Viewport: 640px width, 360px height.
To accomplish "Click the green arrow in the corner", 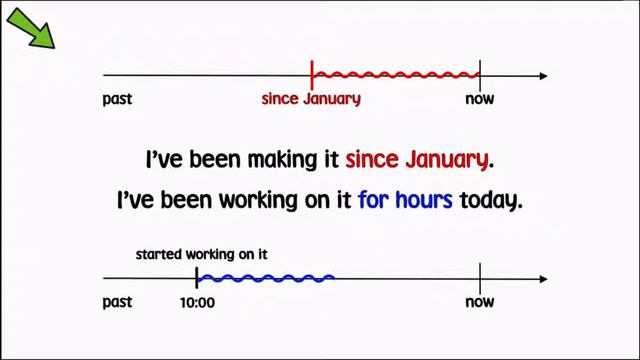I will (x=33, y=29).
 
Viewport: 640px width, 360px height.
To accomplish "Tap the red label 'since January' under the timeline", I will (x=311, y=99).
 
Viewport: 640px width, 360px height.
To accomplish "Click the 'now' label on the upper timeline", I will (x=480, y=99).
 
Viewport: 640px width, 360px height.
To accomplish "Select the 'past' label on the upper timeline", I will (x=118, y=99).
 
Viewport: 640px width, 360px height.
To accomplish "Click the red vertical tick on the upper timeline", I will (x=313, y=75).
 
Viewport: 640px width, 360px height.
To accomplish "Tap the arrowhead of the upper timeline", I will (x=542, y=76).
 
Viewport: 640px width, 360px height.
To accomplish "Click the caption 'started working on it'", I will (x=201, y=254).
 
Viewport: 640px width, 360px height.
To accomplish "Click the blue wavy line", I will (x=266, y=277).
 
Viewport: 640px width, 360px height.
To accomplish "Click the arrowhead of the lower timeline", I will (x=542, y=278).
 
